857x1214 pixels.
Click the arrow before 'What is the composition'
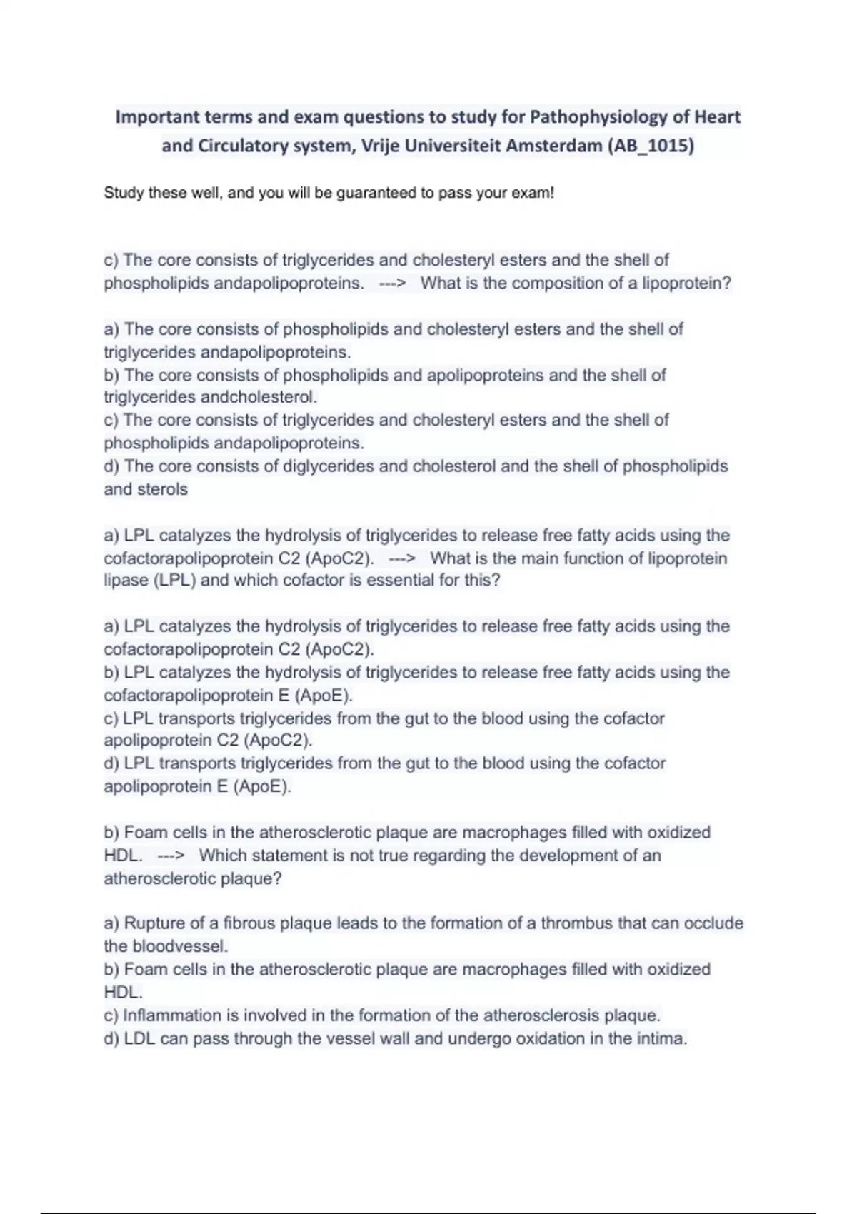coord(392,283)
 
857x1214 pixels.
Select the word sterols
coord(164,489)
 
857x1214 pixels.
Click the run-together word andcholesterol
coord(259,397)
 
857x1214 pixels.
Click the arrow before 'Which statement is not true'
coord(171,856)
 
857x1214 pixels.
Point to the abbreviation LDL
coord(140,1038)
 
